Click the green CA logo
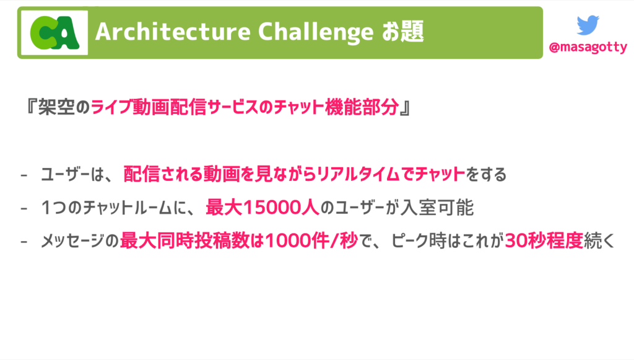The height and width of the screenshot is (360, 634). [x=54, y=33]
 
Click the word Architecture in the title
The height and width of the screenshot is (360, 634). [x=173, y=32]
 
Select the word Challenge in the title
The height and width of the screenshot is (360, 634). [x=315, y=32]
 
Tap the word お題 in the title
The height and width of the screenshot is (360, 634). [x=402, y=32]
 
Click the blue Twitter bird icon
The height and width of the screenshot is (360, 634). [x=588, y=25]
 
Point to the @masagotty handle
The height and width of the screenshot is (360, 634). [x=588, y=47]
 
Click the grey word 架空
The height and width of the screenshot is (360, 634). [x=56, y=107]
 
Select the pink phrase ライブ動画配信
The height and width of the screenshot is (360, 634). [x=149, y=107]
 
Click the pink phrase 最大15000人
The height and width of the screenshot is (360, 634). [x=263, y=208]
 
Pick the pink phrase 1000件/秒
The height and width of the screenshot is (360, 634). [x=311, y=241]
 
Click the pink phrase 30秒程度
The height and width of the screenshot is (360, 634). [x=544, y=241]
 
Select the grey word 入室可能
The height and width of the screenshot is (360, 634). [x=436, y=208]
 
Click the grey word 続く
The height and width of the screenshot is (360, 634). [x=599, y=241]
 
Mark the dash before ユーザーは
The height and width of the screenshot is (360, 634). [x=24, y=175]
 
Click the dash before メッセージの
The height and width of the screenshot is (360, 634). [x=24, y=242]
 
